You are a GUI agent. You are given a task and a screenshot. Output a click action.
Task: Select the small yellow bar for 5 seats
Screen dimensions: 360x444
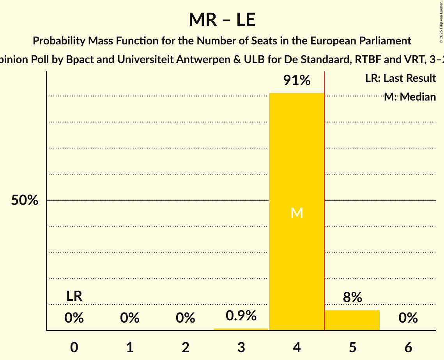click(x=352, y=320)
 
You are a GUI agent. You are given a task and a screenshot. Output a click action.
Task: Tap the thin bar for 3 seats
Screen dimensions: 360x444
click(x=241, y=329)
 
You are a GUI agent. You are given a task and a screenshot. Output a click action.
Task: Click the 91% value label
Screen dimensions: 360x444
click(x=297, y=81)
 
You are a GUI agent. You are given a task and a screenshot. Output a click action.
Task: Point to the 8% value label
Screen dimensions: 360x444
click(x=352, y=298)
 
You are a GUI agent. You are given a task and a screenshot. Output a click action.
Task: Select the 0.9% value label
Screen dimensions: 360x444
click(x=241, y=316)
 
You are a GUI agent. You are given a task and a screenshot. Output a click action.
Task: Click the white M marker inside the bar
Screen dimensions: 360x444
click(x=297, y=213)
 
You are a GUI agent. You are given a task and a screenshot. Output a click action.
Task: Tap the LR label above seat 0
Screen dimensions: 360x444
click(x=74, y=296)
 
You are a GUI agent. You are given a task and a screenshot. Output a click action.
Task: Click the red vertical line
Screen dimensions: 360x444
click(x=325, y=195)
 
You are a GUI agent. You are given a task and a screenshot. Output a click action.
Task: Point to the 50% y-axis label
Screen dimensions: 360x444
click(x=25, y=200)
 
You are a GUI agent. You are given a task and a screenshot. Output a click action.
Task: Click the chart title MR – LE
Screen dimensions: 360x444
click(x=222, y=20)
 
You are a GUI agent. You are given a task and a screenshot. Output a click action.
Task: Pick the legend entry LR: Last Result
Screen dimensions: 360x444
click(x=400, y=78)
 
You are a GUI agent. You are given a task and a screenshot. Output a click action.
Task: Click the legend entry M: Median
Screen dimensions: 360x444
click(x=410, y=97)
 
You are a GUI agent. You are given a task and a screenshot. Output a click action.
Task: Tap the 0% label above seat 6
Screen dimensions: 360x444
click(x=408, y=318)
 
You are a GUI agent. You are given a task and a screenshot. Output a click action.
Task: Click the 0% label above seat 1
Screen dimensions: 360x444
click(x=130, y=318)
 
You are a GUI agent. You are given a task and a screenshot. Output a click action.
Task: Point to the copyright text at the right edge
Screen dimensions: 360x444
click(x=441, y=22)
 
